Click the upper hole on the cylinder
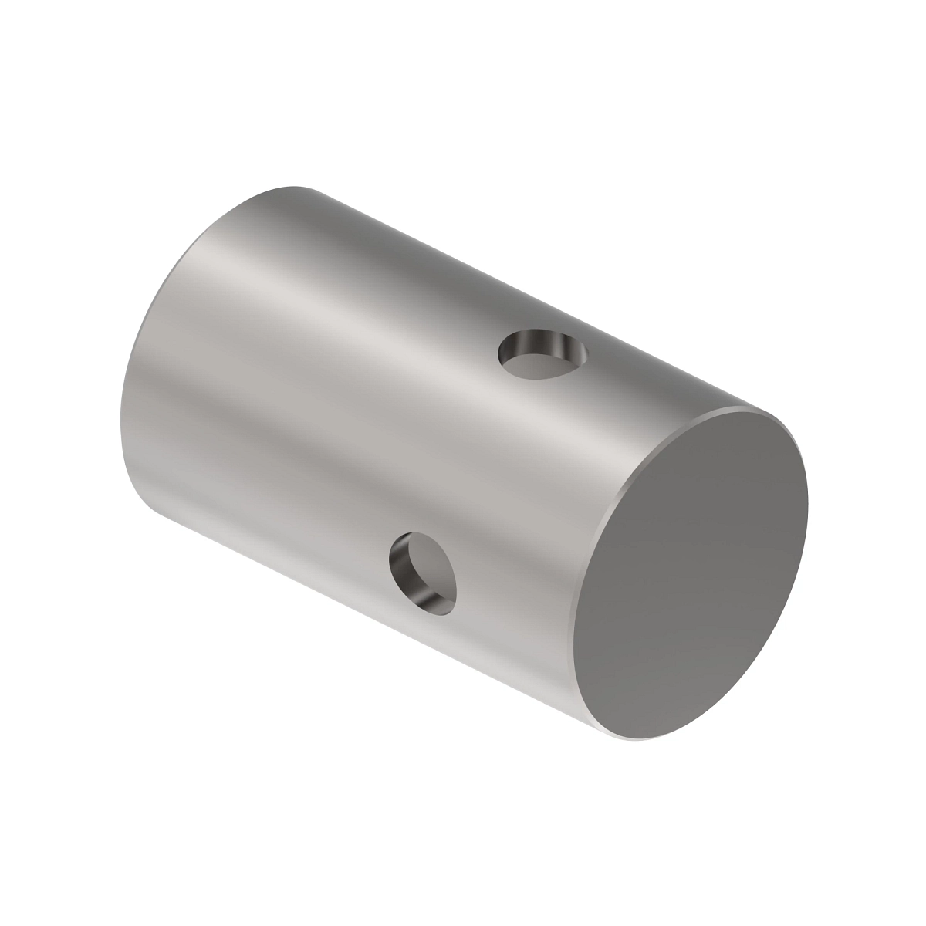(x=542, y=354)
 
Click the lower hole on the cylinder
(x=423, y=573)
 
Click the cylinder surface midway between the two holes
(x=482, y=463)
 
